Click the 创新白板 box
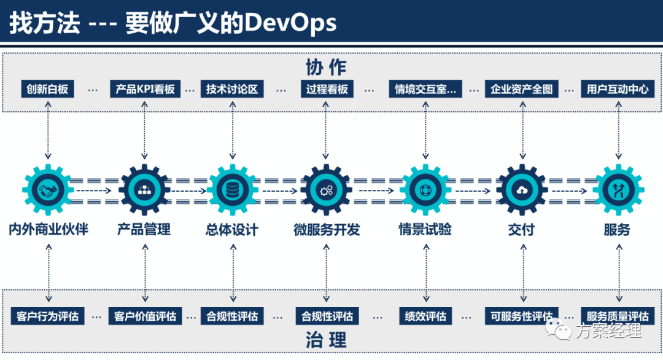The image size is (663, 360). (47, 89)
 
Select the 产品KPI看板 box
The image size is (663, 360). (145, 89)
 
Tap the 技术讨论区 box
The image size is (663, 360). (232, 89)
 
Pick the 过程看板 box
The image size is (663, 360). (327, 89)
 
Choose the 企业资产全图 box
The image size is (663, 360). (522, 89)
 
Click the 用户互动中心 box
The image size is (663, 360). (618, 89)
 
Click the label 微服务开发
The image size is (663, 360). (327, 230)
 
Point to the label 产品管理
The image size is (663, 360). (144, 230)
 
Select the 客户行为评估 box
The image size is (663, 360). (47, 316)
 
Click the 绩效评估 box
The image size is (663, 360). (425, 316)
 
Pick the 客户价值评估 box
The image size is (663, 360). (145, 316)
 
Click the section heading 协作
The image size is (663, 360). (326, 67)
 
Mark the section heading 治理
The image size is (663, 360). (326, 340)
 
